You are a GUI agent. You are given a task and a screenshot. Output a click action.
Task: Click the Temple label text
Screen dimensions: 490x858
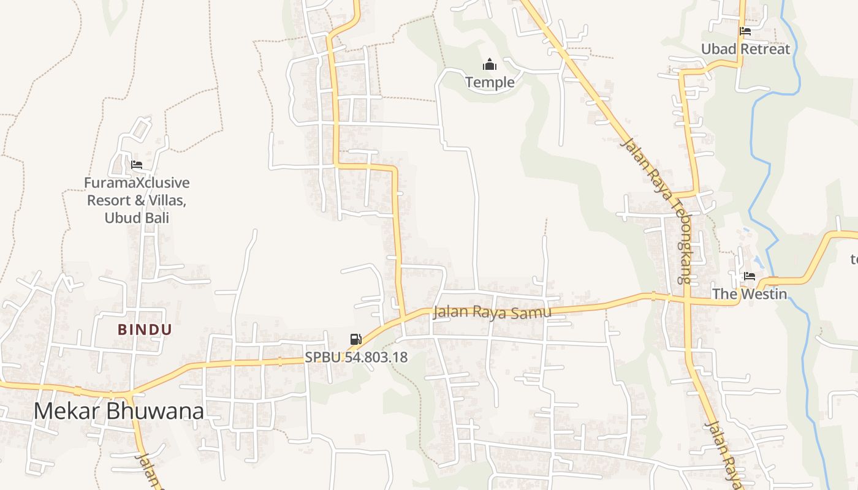tap(490, 81)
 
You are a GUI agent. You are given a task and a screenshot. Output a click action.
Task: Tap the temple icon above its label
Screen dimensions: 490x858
tap(490, 64)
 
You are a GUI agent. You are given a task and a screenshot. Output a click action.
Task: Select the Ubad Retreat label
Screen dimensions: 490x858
tap(745, 49)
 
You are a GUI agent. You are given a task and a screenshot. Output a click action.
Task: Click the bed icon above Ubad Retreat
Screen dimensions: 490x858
tap(745, 31)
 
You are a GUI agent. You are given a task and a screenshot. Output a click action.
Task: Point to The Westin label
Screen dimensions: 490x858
tap(749, 294)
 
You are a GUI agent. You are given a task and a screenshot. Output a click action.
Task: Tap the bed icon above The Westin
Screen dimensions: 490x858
tap(749, 276)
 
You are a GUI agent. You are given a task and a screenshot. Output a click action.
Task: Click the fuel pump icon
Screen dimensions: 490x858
tap(355, 339)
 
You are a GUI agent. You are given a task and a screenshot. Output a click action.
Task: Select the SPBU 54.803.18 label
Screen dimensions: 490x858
tap(356, 357)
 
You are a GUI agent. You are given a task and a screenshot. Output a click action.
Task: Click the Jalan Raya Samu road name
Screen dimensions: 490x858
tap(492, 312)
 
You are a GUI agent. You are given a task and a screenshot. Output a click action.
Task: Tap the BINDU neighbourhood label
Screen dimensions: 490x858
tap(145, 330)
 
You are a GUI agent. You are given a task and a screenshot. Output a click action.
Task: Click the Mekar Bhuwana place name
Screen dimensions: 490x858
tap(118, 411)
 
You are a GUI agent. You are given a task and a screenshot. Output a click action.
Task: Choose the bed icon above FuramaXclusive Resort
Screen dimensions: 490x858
tap(137, 165)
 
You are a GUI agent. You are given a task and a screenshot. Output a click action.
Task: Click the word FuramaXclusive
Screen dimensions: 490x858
tap(137, 183)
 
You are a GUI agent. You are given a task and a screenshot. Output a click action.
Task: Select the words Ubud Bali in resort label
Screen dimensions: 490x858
tap(137, 217)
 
